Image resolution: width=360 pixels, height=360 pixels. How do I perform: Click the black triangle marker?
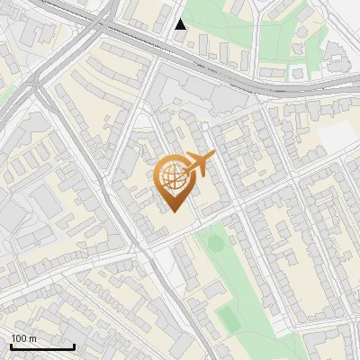pos(181,24)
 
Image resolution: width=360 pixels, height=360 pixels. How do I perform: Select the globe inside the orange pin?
pos(173,175)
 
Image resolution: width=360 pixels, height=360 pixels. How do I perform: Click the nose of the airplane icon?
pos(213,155)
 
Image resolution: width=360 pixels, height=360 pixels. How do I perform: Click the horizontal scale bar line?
pos(42,346)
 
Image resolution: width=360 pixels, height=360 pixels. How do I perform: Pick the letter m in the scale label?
pos(32,338)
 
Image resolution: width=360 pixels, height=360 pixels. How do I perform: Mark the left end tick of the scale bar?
pos(11,345)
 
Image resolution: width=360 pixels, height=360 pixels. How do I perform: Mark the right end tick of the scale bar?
pos(74,345)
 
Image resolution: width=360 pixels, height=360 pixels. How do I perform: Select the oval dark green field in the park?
pos(214,242)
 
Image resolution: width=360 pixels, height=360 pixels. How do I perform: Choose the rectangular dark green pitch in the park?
pos(229,318)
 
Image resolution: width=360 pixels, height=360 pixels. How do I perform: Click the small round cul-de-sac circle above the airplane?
pos(205,127)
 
